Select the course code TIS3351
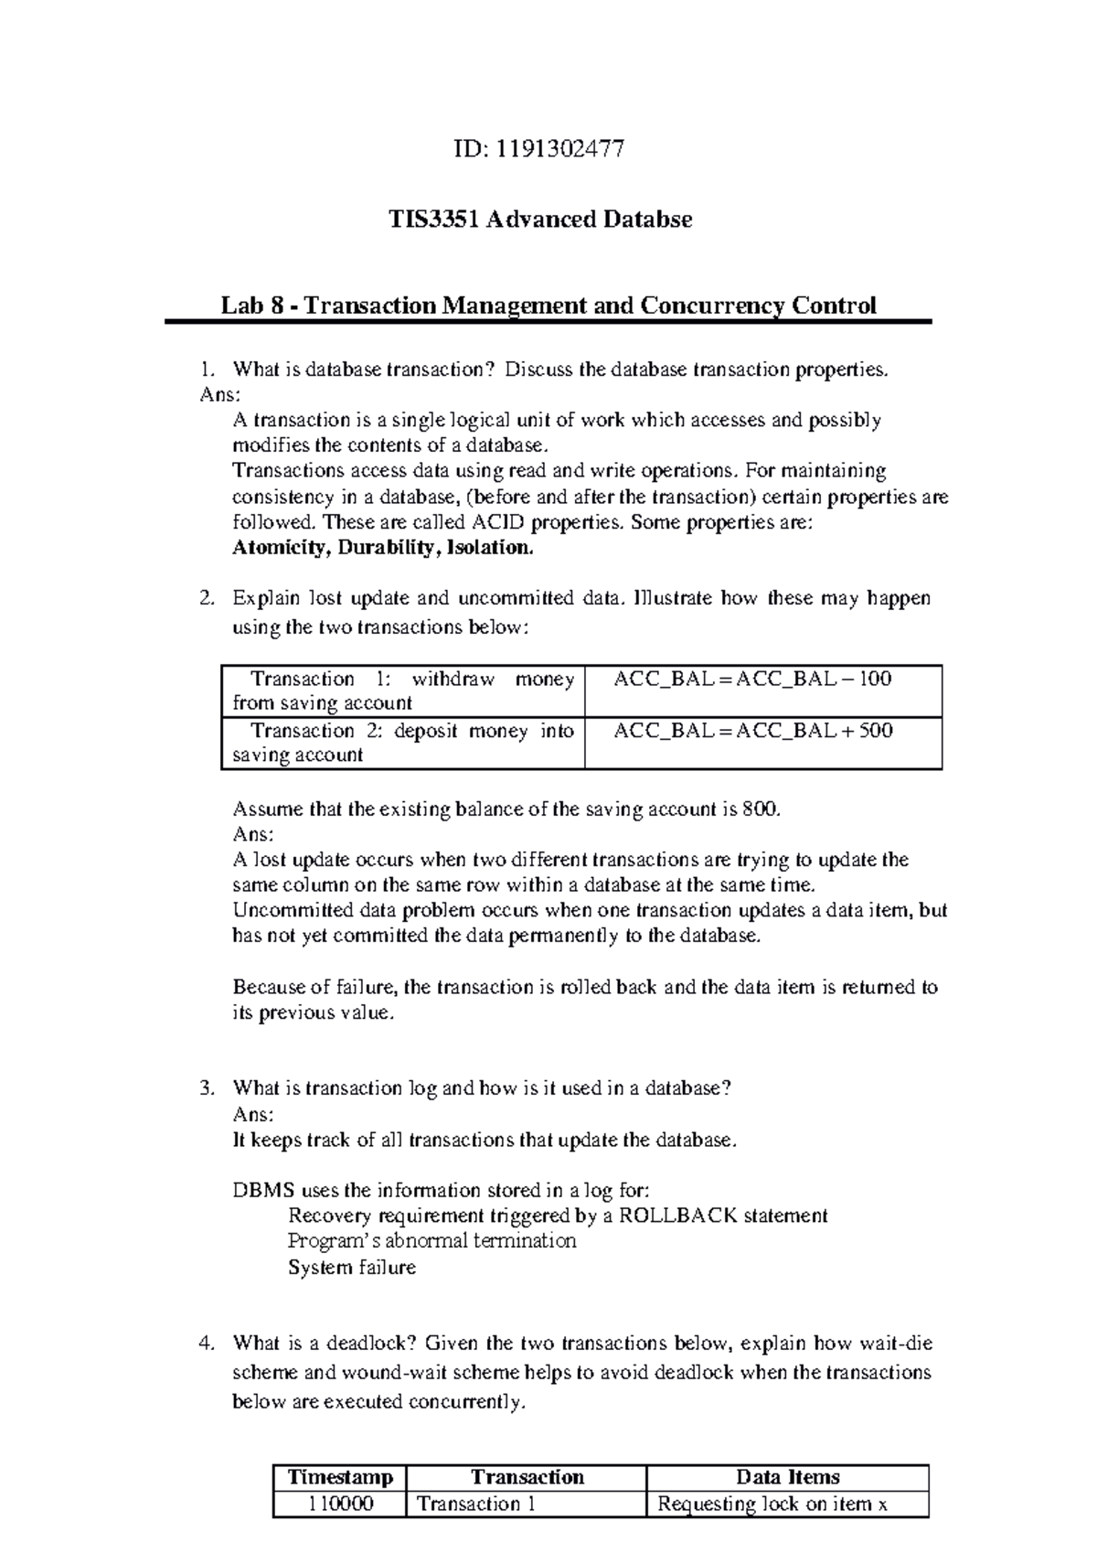[x=433, y=220]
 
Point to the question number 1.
[x=207, y=370]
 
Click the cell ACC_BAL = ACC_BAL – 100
[x=752, y=680]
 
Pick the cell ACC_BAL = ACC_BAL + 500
[x=752, y=731]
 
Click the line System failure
[x=352, y=1268]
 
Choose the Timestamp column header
[x=340, y=1477]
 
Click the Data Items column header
[x=787, y=1477]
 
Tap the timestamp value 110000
[x=340, y=1505]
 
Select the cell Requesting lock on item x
[x=772, y=1505]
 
